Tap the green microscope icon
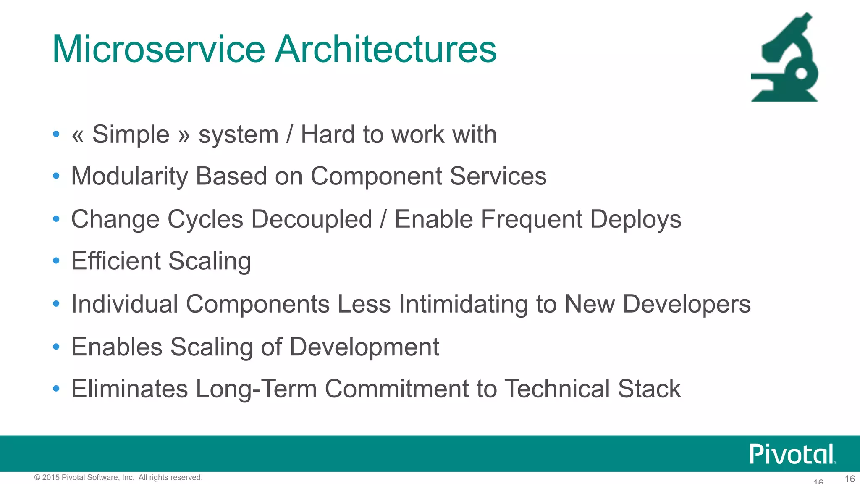[784, 59]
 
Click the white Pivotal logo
[792, 454]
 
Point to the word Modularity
[129, 176]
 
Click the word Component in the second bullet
[376, 176]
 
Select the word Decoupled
[312, 220]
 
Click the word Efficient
[116, 261]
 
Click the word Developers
[686, 304]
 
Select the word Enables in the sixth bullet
[117, 347]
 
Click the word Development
[364, 347]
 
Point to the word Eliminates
[129, 389]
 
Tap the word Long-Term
[256, 389]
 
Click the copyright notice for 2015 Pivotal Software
[118, 477]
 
